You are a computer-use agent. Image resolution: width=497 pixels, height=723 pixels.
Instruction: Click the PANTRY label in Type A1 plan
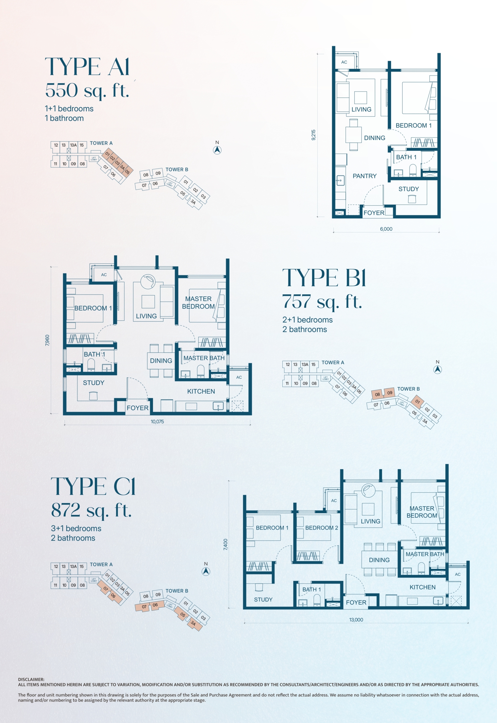(x=365, y=176)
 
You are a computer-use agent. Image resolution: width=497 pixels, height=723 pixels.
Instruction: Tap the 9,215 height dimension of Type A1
(x=313, y=135)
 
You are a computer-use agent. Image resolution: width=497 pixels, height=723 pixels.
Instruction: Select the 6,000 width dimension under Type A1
(x=386, y=229)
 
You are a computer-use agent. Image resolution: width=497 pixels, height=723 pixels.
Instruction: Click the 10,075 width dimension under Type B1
(x=157, y=422)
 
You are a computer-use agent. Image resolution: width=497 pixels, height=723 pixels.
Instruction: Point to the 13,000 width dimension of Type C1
(x=356, y=620)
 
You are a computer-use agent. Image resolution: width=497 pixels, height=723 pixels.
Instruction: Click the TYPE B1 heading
(x=324, y=278)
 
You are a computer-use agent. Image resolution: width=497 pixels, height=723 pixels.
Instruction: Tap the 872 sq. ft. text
(x=91, y=511)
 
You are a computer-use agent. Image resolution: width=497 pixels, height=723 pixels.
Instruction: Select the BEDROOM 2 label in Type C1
(x=321, y=528)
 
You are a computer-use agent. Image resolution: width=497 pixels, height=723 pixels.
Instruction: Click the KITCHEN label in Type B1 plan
(x=201, y=391)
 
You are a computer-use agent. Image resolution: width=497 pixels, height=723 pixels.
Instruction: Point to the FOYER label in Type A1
(x=374, y=213)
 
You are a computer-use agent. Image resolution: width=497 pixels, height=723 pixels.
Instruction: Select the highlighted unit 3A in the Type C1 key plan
(x=193, y=623)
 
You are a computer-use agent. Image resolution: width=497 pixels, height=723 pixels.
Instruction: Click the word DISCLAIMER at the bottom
(x=31, y=680)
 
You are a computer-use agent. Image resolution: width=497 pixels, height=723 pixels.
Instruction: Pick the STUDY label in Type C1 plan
(x=263, y=599)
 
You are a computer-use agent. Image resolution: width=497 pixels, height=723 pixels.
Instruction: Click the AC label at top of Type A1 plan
(x=344, y=62)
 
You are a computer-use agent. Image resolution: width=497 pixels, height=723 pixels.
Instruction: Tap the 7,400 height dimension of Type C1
(x=225, y=545)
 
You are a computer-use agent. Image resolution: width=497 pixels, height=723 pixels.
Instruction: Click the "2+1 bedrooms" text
(x=307, y=320)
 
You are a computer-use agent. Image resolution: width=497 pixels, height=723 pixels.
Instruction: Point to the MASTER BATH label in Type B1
(x=204, y=358)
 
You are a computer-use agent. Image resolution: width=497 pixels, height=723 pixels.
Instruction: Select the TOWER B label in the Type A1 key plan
(x=177, y=170)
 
